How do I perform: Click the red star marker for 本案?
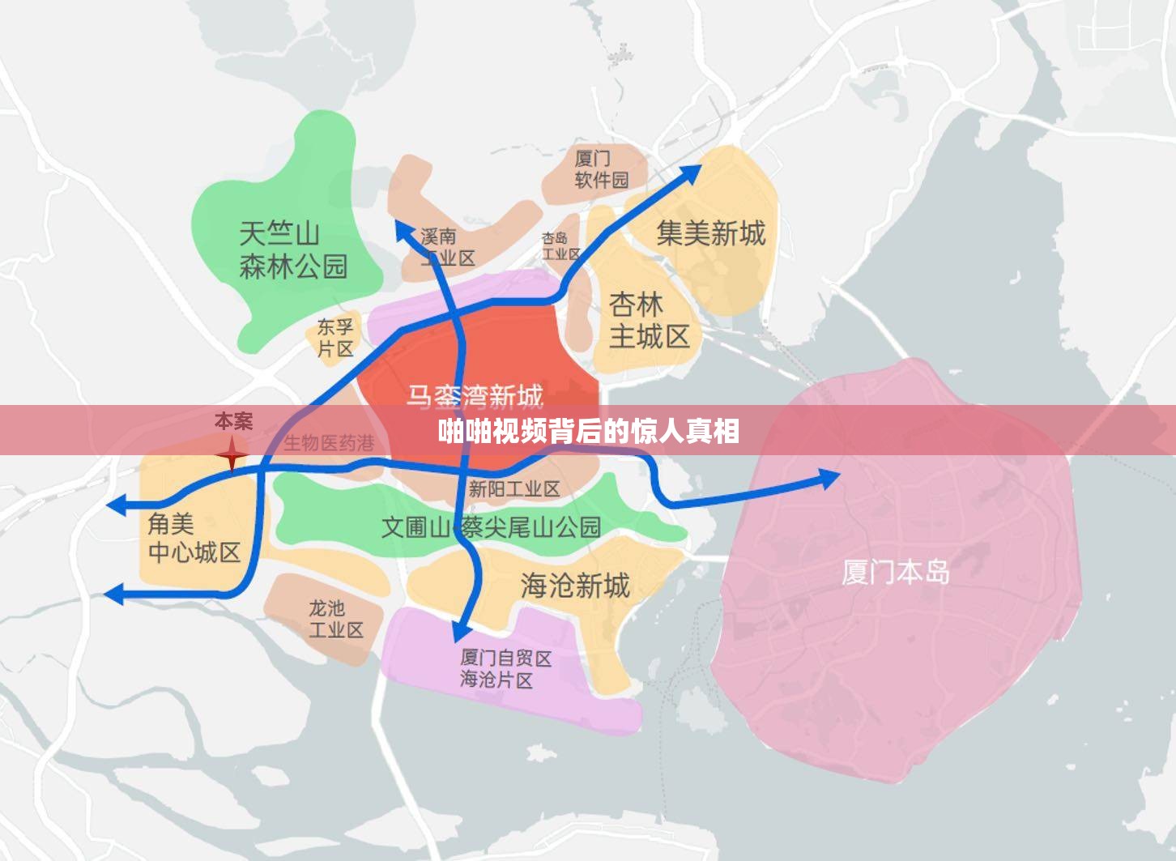(x=232, y=454)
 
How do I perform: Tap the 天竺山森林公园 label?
(x=292, y=250)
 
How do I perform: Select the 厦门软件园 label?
(x=601, y=169)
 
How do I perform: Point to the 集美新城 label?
(x=710, y=233)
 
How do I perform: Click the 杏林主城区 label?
(x=649, y=321)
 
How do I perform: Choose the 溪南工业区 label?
(x=448, y=247)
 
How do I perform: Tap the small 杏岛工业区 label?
(x=560, y=246)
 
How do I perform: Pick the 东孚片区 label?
(x=335, y=338)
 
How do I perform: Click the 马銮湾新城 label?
(x=475, y=395)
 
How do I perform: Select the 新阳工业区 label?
(x=514, y=488)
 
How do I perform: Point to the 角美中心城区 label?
(x=194, y=538)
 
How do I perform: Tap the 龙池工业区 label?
(x=335, y=619)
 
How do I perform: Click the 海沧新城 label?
(x=575, y=585)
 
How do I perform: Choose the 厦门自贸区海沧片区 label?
(x=505, y=669)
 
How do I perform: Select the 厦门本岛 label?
(x=895, y=572)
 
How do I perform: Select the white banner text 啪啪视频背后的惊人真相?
(x=588, y=431)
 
